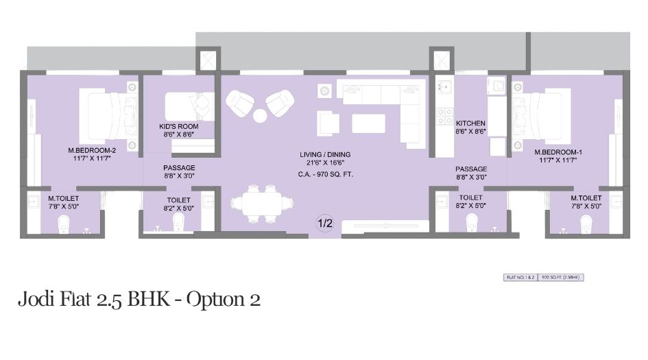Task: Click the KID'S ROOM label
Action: pos(179,127)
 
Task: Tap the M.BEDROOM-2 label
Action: pos(89,149)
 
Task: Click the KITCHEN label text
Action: pos(470,123)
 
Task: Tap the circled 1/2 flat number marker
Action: pos(324,223)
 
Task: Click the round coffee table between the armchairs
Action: pos(260,115)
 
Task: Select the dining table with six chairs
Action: pos(256,204)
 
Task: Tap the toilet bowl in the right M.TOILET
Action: pos(586,223)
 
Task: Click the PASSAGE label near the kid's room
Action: pos(179,168)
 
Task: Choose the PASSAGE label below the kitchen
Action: pos(471,169)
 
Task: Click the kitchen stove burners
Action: pos(445,115)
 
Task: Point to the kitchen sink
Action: pos(444,86)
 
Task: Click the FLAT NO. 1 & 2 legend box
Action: pos(520,278)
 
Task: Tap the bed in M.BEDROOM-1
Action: pos(542,115)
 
